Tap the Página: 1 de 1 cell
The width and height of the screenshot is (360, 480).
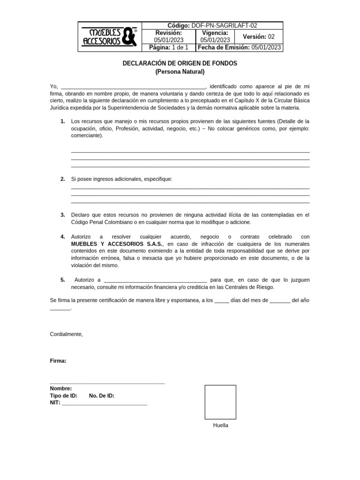click(x=168, y=47)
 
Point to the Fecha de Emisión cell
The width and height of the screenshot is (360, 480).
click(x=240, y=47)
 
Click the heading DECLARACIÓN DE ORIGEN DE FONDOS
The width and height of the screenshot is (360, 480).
click(x=180, y=63)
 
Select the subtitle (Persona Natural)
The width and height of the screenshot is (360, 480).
click(x=180, y=72)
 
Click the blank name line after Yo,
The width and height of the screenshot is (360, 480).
click(x=133, y=87)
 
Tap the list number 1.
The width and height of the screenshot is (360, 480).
click(x=62, y=121)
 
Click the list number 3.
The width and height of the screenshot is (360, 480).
click(x=62, y=215)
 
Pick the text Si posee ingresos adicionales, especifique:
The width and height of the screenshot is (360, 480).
click(x=121, y=179)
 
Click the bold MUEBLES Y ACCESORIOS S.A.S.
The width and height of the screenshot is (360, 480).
click(x=117, y=244)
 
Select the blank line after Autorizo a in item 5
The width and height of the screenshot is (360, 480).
click(x=155, y=280)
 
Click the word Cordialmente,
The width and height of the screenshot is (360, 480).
click(x=66, y=334)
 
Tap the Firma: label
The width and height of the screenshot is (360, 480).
click(x=58, y=361)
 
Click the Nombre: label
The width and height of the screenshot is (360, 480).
click(x=61, y=389)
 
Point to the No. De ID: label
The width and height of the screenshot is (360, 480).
click(x=101, y=396)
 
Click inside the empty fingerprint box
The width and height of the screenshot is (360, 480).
click(x=220, y=402)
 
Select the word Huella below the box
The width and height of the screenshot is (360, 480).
click(x=220, y=426)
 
